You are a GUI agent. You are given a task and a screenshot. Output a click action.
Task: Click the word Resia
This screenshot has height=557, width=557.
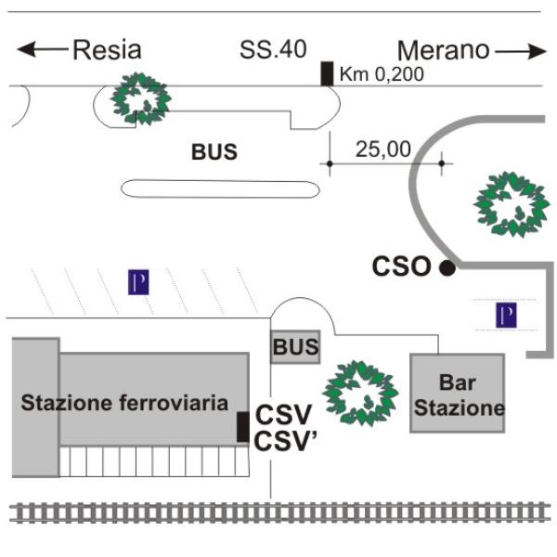pyautogui.click(x=107, y=49)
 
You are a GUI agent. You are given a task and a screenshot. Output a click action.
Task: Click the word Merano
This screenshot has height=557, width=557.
pyautogui.click(x=443, y=50)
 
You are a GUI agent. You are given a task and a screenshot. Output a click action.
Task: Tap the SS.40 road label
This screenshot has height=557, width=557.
pyautogui.click(x=273, y=49)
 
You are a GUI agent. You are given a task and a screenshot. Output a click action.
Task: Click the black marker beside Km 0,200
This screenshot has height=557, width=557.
pyautogui.click(x=327, y=73)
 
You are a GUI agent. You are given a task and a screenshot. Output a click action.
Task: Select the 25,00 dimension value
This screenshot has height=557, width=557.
pyautogui.click(x=382, y=148)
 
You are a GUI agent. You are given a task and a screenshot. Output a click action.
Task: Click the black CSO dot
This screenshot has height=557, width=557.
pyautogui.click(x=447, y=268)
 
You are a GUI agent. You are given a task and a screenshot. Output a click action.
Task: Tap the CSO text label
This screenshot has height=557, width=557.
pyautogui.click(x=401, y=267)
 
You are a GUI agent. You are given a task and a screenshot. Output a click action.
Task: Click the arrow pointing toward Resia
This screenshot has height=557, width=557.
pyautogui.click(x=42, y=49)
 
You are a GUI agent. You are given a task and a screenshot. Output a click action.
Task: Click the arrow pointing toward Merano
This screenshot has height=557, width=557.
pyautogui.click(x=521, y=51)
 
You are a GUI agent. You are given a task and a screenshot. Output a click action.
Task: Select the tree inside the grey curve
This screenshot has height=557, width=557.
pyautogui.click(x=509, y=202)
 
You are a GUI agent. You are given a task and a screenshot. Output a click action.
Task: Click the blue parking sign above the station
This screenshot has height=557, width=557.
pyautogui.click(x=138, y=281)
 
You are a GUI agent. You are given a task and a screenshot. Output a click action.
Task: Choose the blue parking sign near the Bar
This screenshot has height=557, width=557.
pyautogui.click(x=505, y=316)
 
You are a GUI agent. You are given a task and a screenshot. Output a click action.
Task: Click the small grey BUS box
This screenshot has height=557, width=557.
pyautogui.click(x=295, y=348)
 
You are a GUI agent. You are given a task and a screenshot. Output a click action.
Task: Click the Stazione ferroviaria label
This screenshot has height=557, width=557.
pyautogui.click(x=124, y=403)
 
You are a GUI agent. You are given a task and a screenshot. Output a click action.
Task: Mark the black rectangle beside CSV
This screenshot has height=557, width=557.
pyautogui.click(x=242, y=426)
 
